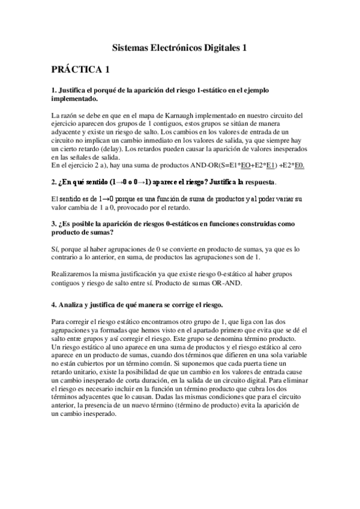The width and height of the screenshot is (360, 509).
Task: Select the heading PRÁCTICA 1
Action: coord(80,70)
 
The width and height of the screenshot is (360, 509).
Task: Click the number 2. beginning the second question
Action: coord(55,181)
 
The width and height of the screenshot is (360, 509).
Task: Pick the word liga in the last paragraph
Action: coord(232,322)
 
